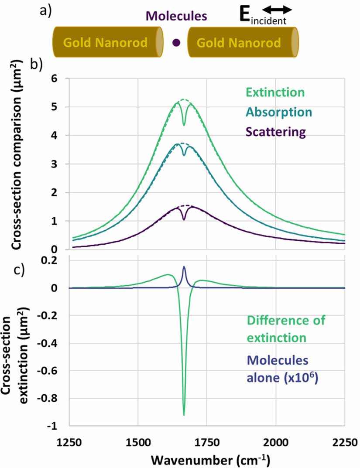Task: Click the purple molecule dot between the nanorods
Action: point(176,43)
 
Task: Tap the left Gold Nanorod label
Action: point(106,43)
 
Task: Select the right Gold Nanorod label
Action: point(239,43)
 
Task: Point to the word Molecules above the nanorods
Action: point(176,16)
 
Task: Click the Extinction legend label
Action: point(275,92)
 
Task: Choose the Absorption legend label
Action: point(279,112)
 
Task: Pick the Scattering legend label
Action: point(276,132)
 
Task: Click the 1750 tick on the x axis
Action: point(207,442)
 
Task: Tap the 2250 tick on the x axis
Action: point(345,442)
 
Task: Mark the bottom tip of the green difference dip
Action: point(184,415)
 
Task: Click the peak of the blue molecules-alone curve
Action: point(184,266)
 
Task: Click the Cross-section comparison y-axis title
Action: point(17,155)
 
